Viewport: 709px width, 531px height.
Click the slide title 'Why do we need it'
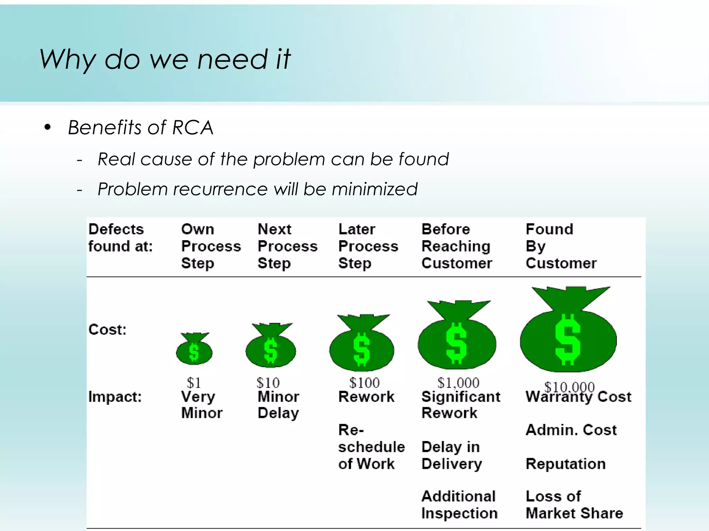(165, 59)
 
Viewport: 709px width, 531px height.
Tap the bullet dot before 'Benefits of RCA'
(48, 128)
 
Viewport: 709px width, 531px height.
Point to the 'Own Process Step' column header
(210, 246)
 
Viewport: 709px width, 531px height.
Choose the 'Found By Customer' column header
(561, 246)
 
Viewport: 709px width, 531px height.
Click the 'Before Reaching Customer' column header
(456, 246)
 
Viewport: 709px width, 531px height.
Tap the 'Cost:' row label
(107, 329)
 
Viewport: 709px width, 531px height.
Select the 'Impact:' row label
(115, 397)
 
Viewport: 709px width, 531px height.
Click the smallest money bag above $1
(194, 349)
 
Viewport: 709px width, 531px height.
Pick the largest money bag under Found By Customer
(568, 330)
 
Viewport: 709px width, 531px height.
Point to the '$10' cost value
(268, 383)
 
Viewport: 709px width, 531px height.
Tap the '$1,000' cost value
(458, 383)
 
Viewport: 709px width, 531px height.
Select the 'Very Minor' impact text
(201, 405)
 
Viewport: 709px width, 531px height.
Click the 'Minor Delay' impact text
(278, 405)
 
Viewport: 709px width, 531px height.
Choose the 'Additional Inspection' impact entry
(459, 505)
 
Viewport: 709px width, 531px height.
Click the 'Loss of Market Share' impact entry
(574, 505)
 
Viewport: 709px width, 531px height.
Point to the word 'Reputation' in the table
(566, 464)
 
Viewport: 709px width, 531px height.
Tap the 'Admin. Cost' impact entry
(571, 430)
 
